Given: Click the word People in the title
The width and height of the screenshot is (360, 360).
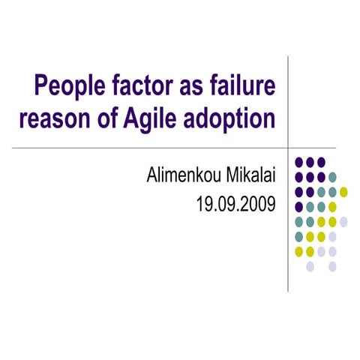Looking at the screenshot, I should (x=67, y=86).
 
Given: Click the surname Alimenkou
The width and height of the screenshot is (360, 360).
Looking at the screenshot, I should (x=184, y=177).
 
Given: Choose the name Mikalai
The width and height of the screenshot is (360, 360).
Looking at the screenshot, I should (x=250, y=177).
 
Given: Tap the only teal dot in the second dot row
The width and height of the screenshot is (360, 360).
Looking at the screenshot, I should (x=332, y=177).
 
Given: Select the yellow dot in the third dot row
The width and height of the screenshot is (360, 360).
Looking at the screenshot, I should (x=343, y=192).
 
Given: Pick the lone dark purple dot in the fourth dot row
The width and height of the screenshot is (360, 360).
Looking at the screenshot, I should (x=299, y=206).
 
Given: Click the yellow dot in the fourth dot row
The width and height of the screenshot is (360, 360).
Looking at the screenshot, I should (x=332, y=206).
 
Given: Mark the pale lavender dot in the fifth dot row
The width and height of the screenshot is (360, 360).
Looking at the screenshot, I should (x=343, y=221).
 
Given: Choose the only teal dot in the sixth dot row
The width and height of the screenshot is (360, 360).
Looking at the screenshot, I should (x=299, y=236).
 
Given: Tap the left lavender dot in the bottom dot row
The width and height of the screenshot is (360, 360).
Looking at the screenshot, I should (x=310, y=265).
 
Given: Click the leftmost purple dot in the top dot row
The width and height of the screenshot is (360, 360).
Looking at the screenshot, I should (x=299, y=162).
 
